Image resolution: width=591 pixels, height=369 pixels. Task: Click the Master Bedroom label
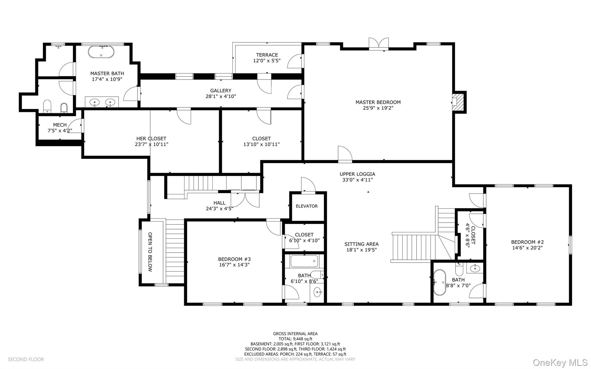tap(378, 102)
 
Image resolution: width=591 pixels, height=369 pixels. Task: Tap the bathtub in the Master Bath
tap(101, 52)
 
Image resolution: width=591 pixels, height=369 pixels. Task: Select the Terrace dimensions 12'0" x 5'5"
tap(267, 61)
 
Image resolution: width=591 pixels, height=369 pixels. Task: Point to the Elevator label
tap(307, 206)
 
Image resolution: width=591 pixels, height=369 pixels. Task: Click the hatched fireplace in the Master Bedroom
tap(458, 102)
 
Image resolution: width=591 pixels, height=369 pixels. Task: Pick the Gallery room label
tap(221, 91)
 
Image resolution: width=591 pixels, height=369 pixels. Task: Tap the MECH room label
tap(60, 125)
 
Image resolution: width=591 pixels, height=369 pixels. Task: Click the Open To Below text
tap(150, 252)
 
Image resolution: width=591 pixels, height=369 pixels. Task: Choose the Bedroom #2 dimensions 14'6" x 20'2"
tap(528, 248)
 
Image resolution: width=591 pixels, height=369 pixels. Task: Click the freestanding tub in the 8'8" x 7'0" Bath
tap(439, 282)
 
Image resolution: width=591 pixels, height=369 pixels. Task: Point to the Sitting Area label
tap(362, 244)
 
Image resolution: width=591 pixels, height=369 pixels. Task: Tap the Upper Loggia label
tap(357, 174)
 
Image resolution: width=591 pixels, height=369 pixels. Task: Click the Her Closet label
tap(151, 138)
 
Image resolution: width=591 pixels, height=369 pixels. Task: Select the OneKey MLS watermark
tap(560, 362)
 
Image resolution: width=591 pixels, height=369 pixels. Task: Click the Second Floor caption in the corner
tap(26, 359)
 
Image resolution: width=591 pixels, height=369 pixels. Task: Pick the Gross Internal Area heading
tap(295, 334)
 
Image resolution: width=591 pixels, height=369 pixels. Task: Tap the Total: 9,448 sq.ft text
tap(295, 339)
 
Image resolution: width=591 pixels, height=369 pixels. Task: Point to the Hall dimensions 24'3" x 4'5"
tap(220, 209)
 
